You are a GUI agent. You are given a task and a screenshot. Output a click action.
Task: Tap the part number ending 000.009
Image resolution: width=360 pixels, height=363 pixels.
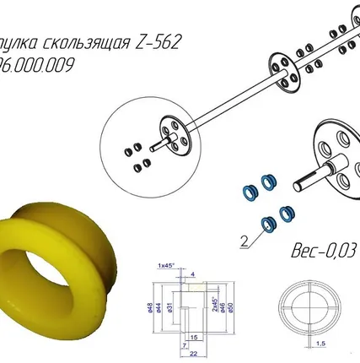pyautogui.click(x=38, y=65)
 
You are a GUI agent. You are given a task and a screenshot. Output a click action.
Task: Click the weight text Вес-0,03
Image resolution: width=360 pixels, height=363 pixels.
pyautogui.click(x=324, y=252)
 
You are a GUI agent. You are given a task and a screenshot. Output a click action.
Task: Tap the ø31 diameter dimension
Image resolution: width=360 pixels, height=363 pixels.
pyautogui.click(x=169, y=309)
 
